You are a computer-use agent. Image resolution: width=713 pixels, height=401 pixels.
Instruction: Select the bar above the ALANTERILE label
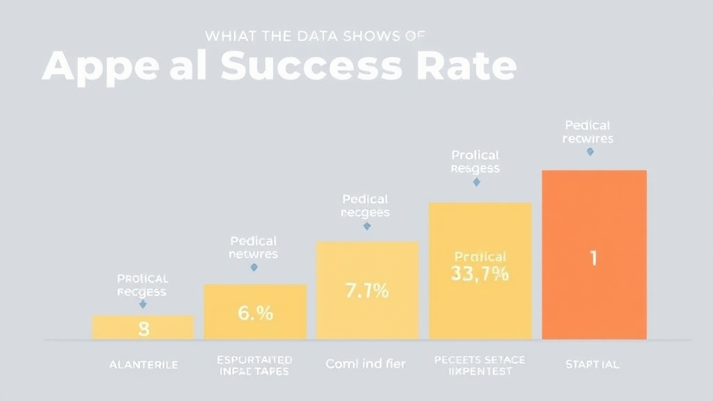[x=143, y=327]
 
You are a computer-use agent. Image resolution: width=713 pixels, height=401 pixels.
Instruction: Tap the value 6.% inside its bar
[x=255, y=313]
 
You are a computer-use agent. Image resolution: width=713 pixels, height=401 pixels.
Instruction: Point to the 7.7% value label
[x=367, y=291]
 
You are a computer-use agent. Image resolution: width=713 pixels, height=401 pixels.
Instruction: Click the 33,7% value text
[x=480, y=274]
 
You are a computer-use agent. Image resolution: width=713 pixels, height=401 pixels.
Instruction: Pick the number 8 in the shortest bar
[x=143, y=329]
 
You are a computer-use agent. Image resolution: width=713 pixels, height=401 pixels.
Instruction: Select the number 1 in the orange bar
[x=593, y=258]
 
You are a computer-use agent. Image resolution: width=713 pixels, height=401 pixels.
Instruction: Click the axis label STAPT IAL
[x=593, y=364]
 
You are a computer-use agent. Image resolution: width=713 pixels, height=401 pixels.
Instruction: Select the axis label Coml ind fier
[x=366, y=363]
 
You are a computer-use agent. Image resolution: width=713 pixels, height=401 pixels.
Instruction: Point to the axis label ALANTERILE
[x=143, y=364]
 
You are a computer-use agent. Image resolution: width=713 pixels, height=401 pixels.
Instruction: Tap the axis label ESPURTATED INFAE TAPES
[x=254, y=365]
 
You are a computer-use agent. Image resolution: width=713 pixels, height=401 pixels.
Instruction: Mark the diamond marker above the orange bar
[x=590, y=151]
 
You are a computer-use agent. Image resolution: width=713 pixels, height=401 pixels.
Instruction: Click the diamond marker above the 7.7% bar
[x=367, y=226]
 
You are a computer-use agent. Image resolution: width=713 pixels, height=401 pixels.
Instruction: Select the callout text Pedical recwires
[x=588, y=132]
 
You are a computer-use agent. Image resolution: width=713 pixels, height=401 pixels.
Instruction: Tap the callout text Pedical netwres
[x=253, y=247]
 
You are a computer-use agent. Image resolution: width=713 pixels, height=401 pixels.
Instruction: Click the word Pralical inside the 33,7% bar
[x=480, y=257]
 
